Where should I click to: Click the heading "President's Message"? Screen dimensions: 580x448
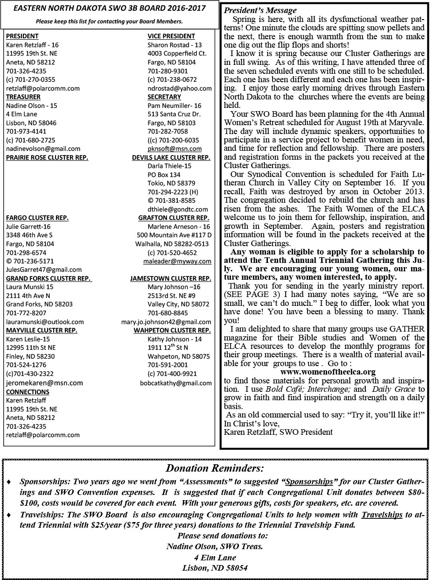[260, 10]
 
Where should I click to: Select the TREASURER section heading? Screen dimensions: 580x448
[23, 97]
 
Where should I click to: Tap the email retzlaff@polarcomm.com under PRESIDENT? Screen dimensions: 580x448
[43, 88]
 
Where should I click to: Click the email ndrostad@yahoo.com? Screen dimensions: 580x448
[179, 88]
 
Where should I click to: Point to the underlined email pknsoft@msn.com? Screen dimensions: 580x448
[175, 149]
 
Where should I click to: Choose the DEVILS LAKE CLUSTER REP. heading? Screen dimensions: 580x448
[171, 157]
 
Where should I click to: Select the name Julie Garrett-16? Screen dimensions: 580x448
[28, 226]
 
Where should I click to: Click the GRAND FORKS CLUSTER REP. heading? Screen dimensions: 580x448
[49, 278]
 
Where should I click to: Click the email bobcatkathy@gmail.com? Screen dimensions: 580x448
[175, 383]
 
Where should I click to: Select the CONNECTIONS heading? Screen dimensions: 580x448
[28, 392]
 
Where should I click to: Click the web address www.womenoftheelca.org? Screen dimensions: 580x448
[328, 372]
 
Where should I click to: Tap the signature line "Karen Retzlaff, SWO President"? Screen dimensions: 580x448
[278, 432]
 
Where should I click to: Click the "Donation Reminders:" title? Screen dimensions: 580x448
[215, 468]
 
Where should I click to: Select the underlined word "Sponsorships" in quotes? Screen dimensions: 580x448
[309, 481]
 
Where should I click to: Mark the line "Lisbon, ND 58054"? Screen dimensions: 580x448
[215, 568]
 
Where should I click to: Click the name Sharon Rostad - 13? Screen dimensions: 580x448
[175, 45]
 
